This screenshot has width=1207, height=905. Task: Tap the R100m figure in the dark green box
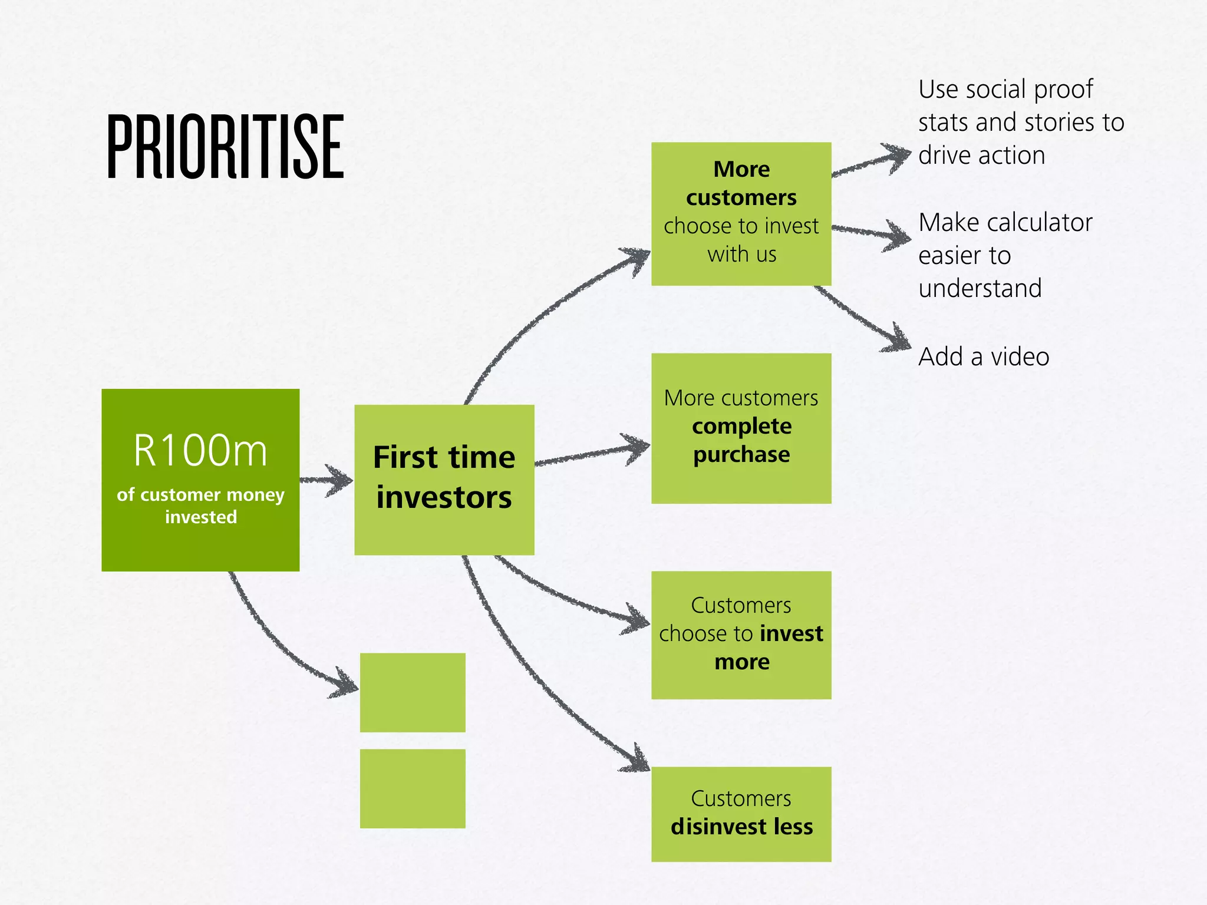pos(200,451)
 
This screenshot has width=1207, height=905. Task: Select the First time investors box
pos(444,478)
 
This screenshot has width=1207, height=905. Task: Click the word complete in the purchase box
pos(741,426)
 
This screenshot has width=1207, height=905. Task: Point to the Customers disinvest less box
pos(741,814)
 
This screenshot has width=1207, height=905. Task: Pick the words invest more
pos(766,647)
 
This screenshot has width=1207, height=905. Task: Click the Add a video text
pos(983,356)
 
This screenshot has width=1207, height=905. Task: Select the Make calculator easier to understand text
pos(1005,255)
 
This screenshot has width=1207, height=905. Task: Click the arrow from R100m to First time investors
pos(327,480)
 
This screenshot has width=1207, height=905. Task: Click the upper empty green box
pos(413,692)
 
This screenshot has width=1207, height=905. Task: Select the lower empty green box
pos(413,788)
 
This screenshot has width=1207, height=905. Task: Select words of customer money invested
pos(200,506)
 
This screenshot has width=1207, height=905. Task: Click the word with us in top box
pos(741,255)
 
